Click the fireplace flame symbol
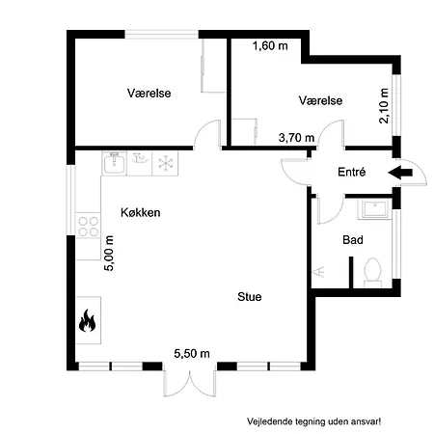click(x=87, y=320)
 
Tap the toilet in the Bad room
click(x=372, y=272)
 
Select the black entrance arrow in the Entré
click(x=400, y=173)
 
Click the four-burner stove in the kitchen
click(x=89, y=227)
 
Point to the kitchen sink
click(x=114, y=163)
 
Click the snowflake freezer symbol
click(x=166, y=163)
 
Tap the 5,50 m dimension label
click(x=192, y=354)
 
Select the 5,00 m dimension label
click(x=109, y=254)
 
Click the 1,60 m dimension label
click(x=270, y=46)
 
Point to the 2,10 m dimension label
click(x=384, y=106)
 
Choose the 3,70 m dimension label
click(x=296, y=138)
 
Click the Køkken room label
click(x=141, y=212)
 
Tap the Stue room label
click(x=250, y=296)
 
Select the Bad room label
click(x=353, y=240)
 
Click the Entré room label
click(x=352, y=172)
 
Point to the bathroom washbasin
click(x=375, y=209)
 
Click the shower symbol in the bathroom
click(x=318, y=272)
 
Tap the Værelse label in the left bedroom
click(x=149, y=94)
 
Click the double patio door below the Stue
click(x=190, y=383)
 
